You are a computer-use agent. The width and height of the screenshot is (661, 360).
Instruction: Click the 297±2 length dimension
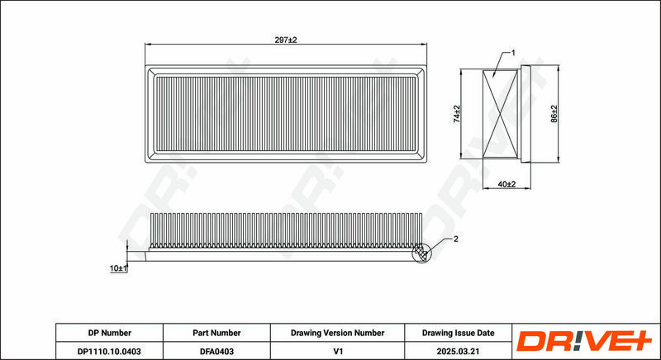[x=286, y=40]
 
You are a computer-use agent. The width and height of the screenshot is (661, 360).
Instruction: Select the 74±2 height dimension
[x=457, y=114]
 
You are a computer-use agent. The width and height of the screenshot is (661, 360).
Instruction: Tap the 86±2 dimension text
[x=554, y=114]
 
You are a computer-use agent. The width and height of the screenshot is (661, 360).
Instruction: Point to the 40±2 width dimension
[x=506, y=184]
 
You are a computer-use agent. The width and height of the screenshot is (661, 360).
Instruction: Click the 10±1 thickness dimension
[x=118, y=268]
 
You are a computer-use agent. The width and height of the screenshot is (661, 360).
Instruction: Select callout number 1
[x=513, y=53]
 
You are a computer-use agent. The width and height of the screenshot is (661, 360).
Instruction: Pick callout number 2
[x=455, y=239]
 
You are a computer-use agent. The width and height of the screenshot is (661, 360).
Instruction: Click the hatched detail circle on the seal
[x=421, y=253]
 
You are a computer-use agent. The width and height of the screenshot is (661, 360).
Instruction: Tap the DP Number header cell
[x=110, y=333]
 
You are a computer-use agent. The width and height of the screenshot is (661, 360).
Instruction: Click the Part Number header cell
[x=216, y=333]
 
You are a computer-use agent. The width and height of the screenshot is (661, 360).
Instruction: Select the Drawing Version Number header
[x=337, y=333]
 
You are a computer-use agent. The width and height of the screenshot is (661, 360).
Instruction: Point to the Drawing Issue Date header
[x=459, y=333]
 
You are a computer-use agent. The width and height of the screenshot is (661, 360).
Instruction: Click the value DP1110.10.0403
[x=109, y=351]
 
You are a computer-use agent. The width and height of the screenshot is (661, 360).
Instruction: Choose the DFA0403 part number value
[x=216, y=351]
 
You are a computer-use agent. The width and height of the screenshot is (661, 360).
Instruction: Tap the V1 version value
[x=338, y=351]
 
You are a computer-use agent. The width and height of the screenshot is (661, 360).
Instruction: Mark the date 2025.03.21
[x=459, y=351]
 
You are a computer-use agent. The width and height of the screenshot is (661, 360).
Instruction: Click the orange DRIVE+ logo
[x=584, y=341]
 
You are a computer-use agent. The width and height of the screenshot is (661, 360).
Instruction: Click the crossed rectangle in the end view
[x=501, y=114]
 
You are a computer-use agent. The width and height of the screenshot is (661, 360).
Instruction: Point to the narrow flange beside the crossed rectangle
[x=525, y=114]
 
